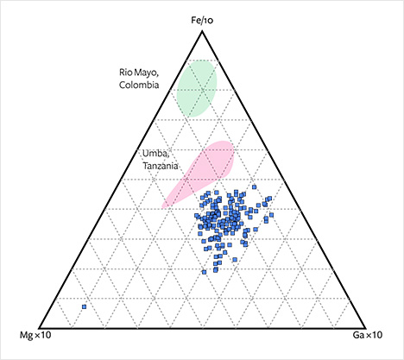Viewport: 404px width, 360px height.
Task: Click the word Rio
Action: click(129, 73)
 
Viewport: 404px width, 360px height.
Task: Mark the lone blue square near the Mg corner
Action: click(84, 306)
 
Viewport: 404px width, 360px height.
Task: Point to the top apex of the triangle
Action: click(202, 32)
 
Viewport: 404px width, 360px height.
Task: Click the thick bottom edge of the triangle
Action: click(202, 321)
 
